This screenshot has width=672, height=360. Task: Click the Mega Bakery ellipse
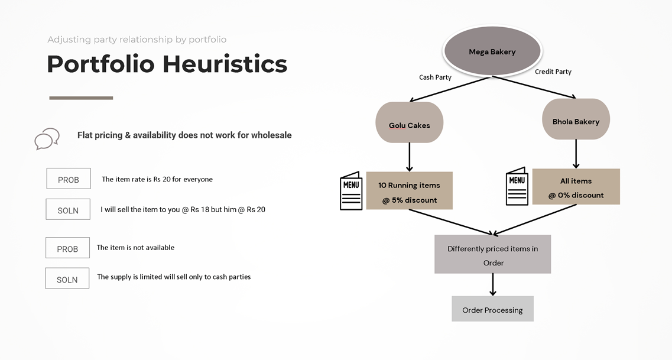[x=492, y=51]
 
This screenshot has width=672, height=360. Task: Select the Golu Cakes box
[x=409, y=122]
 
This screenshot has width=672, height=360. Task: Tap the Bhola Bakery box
[x=576, y=119]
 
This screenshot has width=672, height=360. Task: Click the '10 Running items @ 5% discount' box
[x=409, y=191]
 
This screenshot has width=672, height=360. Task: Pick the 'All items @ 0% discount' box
[x=576, y=186]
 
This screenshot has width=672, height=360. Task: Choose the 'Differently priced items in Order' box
[x=492, y=254]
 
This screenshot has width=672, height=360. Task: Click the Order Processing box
[x=492, y=309]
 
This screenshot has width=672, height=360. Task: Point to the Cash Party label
[x=435, y=77]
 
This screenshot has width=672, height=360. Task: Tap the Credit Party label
[x=553, y=72]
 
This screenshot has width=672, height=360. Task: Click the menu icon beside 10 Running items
[x=351, y=191]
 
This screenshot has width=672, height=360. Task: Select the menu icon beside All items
[x=517, y=186]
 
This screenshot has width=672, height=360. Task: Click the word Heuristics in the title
[x=225, y=64]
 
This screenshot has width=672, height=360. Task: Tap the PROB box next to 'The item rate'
[x=69, y=179]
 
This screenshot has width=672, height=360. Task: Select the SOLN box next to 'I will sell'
[x=68, y=209]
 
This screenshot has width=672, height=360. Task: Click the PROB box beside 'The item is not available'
[x=68, y=248]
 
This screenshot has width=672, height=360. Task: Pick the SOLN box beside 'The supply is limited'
[x=67, y=278]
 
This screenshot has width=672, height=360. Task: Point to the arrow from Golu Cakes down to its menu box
[x=409, y=157]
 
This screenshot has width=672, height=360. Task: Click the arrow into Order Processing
[x=493, y=284]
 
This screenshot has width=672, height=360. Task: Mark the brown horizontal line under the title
[x=81, y=98]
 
